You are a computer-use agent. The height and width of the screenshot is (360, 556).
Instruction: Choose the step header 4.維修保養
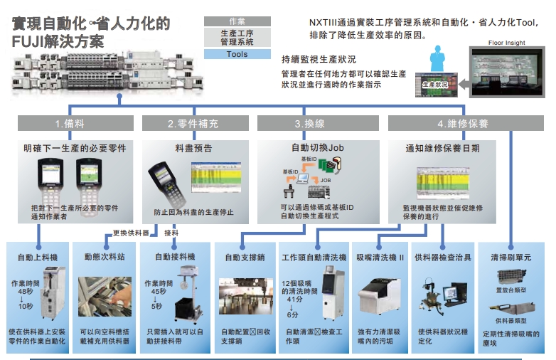[x=463, y=124]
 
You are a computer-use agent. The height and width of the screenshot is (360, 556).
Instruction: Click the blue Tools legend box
[x=237, y=54]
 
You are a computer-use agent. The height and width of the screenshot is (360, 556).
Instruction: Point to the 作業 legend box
[x=237, y=21]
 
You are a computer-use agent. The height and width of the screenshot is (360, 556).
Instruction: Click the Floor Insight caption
[x=506, y=43]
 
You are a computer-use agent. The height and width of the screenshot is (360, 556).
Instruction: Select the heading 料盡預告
[x=193, y=149]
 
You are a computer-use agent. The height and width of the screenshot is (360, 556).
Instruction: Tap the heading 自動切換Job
[x=317, y=148]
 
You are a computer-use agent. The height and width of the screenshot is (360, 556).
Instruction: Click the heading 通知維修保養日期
[x=442, y=149]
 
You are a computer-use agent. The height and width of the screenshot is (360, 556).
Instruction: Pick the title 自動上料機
[x=36, y=256]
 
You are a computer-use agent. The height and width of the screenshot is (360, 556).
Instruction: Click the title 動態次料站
[x=103, y=256]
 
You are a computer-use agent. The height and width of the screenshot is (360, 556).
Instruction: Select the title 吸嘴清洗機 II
[x=380, y=256]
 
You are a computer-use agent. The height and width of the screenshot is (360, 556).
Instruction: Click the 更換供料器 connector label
[x=131, y=233]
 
